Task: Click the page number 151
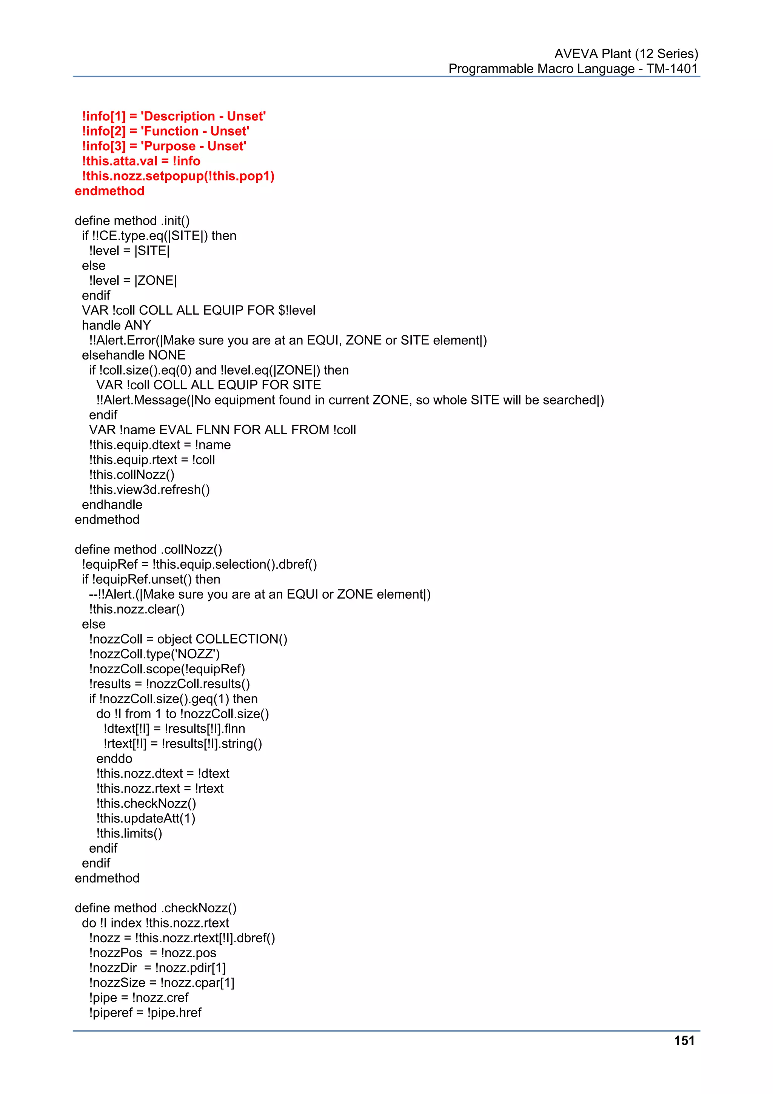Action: click(x=684, y=1041)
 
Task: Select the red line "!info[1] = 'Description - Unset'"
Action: click(x=174, y=116)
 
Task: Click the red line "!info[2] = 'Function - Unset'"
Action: click(x=166, y=131)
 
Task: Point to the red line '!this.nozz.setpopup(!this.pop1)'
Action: click(x=178, y=176)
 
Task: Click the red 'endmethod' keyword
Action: click(x=109, y=191)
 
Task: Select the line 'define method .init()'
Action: click(x=132, y=221)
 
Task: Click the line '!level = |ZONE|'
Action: click(x=132, y=280)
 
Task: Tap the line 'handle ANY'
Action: click(x=116, y=325)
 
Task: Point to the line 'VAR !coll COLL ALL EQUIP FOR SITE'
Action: click(x=209, y=385)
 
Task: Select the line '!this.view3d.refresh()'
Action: click(x=149, y=489)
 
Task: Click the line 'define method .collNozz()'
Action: click(x=148, y=549)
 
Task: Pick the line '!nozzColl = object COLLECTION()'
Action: click(x=188, y=639)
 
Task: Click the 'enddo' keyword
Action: click(x=114, y=759)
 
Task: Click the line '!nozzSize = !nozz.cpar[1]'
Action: click(x=162, y=983)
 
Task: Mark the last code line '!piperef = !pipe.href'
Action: click(x=145, y=1012)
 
